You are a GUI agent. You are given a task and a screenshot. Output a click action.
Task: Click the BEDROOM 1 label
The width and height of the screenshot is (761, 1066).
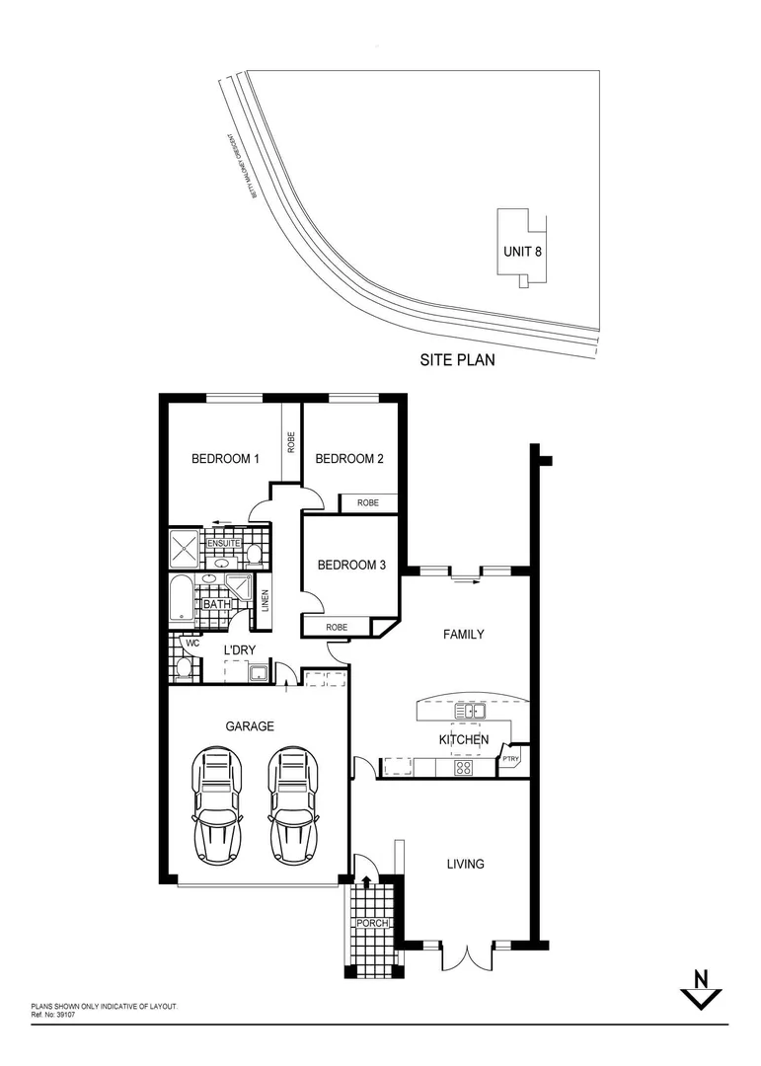(x=225, y=459)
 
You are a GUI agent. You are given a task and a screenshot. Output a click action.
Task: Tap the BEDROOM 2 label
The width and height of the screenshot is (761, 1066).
(x=348, y=459)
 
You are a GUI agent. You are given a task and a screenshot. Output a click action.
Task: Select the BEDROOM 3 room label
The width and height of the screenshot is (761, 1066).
(x=351, y=566)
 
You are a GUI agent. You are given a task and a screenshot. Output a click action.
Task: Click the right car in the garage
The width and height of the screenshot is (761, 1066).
(x=293, y=804)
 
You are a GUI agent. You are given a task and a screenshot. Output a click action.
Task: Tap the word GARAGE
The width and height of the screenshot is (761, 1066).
(x=250, y=725)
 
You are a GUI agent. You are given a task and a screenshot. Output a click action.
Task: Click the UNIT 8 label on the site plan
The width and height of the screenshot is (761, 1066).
(x=522, y=251)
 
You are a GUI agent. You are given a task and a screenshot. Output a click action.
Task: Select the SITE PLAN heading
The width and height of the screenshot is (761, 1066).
(x=457, y=361)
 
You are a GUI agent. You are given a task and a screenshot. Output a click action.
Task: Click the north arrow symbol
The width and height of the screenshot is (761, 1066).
(x=702, y=988)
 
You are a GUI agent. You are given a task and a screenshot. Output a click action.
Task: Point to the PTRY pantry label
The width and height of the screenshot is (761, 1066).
(x=511, y=759)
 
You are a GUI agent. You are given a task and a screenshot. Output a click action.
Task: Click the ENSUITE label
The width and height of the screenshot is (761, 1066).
(x=223, y=543)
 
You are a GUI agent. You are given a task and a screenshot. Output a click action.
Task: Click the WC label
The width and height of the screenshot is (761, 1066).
(x=193, y=644)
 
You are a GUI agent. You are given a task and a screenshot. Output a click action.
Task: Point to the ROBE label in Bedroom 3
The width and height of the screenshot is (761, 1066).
(x=338, y=627)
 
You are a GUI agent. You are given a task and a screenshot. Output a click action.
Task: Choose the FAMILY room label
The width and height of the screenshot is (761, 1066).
(x=463, y=635)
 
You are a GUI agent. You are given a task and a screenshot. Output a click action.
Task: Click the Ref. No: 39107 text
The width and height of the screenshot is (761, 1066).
(x=53, y=1014)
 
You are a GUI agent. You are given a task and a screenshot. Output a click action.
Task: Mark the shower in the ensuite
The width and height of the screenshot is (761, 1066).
(x=185, y=548)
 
